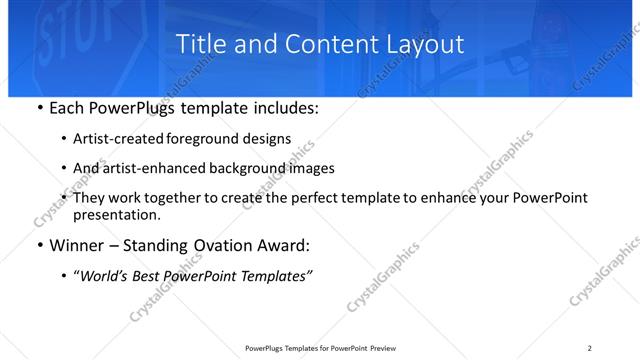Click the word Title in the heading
click(x=200, y=44)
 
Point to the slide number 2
click(x=590, y=348)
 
